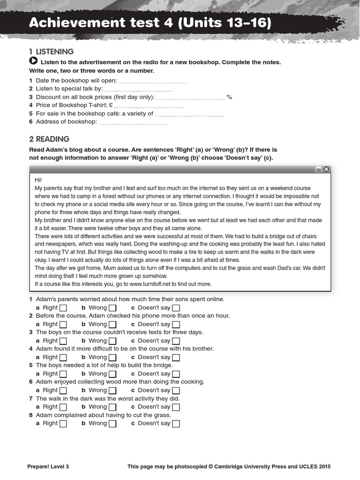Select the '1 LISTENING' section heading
point(51,52)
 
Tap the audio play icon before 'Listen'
point(33,61)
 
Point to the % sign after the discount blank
point(230,97)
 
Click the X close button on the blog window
point(326,169)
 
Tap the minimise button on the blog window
point(318,169)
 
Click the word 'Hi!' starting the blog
point(38,180)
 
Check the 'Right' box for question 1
point(63,308)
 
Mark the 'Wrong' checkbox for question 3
point(112,341)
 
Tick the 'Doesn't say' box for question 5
point(176,374)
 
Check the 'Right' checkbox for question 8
point(63,424)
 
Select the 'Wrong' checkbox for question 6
point(112,390)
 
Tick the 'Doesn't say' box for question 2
point(176,324)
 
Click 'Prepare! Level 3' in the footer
point(48,466)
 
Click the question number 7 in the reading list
point(31,398)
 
